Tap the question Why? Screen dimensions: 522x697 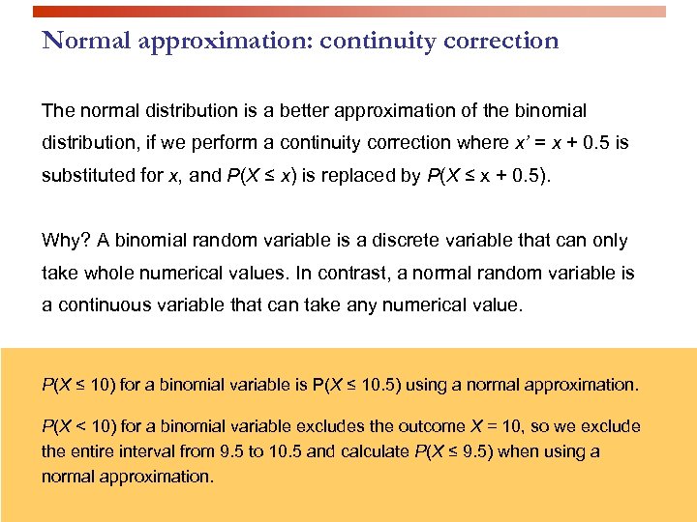tap(63, 241)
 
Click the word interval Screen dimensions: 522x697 tap(155, 451)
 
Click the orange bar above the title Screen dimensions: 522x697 tap(348, 12)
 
